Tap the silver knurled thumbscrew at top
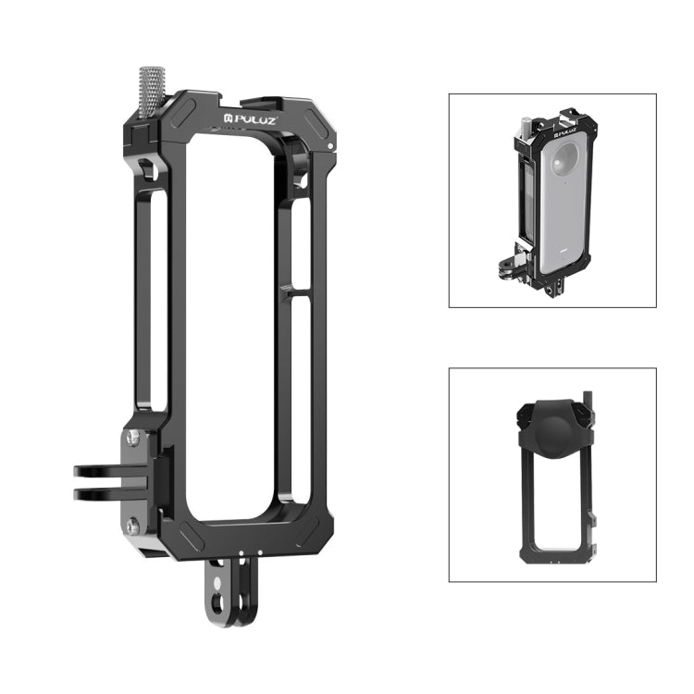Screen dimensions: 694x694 (x=150, y=91)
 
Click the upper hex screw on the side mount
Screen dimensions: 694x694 (x=133, y=438)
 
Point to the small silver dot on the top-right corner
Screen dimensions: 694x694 (x=332, y=146)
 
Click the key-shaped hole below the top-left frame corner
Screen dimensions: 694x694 (x=147, y=169)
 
